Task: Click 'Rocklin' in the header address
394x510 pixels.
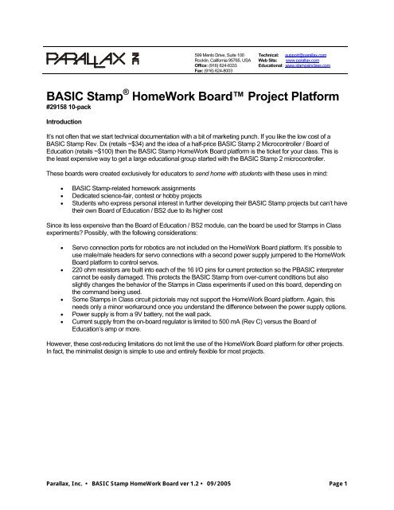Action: click(205, 59)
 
